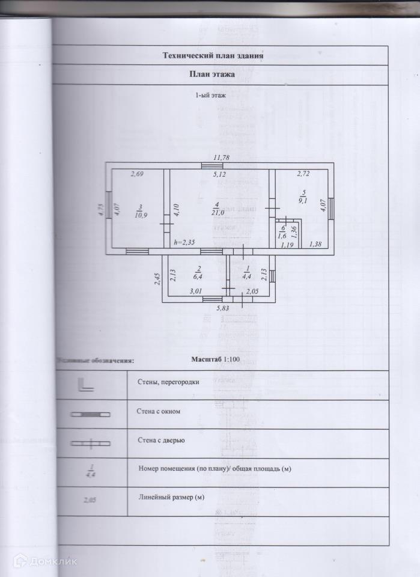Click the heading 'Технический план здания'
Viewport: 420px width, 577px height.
coord(213,56)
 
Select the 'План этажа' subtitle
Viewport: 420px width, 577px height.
coord(212,75)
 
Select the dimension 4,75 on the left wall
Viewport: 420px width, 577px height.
coord(102,212)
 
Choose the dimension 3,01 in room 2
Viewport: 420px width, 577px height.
coord(196,292)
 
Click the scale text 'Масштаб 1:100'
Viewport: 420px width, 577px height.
coord(215,359)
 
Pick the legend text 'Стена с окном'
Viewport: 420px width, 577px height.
coord(159,411)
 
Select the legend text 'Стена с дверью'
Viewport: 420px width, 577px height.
coord(160,440)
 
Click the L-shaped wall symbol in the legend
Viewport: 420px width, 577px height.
coord(83,385)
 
